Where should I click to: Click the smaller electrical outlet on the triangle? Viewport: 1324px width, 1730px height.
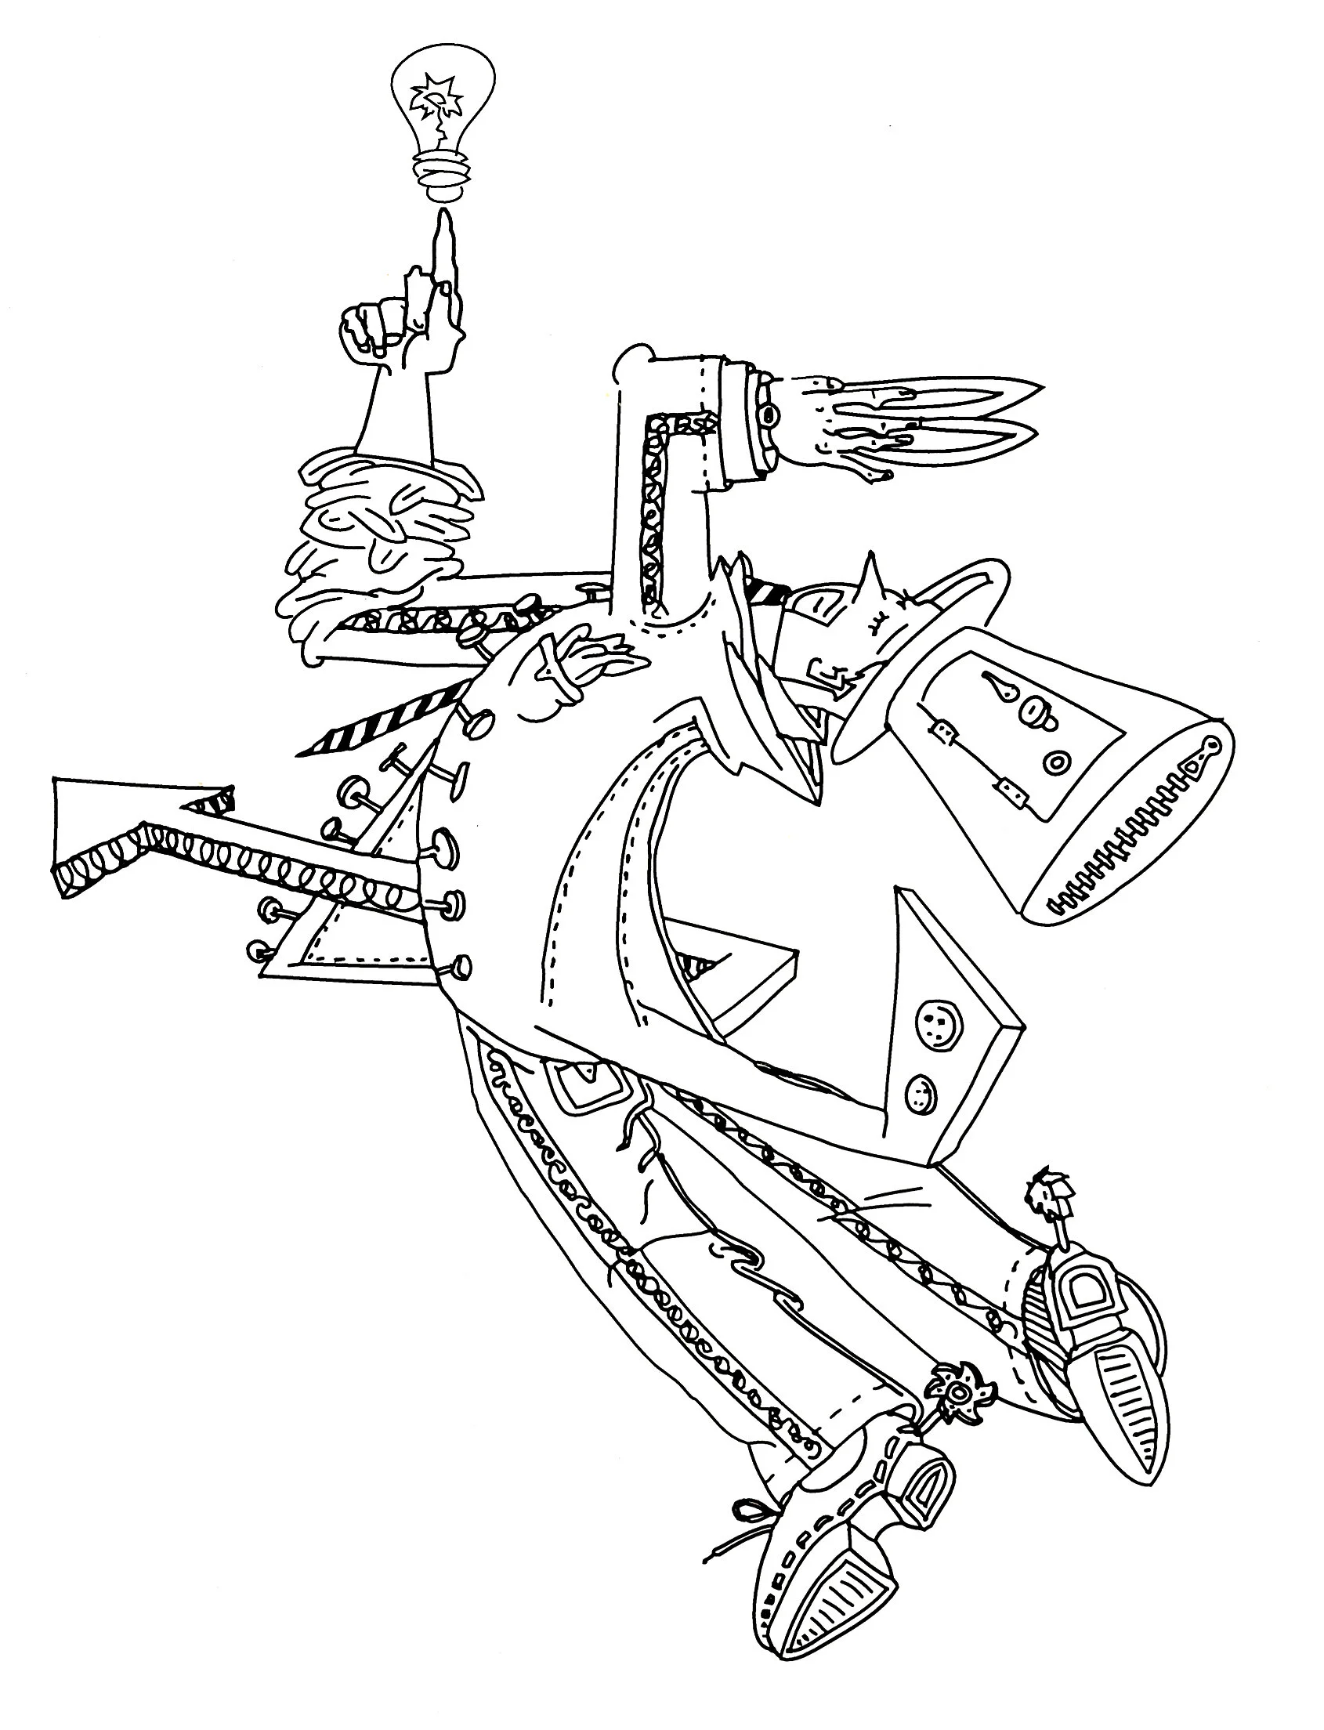tap(918, 1093)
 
